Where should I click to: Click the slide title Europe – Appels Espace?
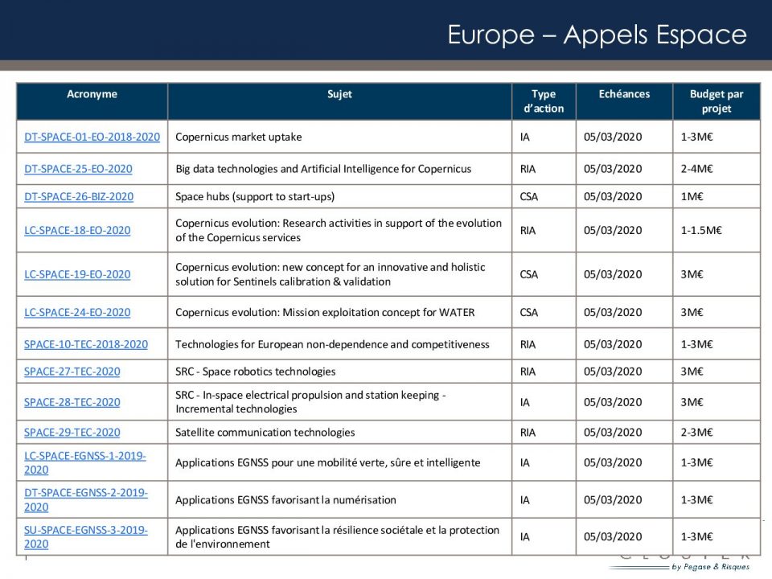coord(597,35)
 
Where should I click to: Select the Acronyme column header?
coord(92,94)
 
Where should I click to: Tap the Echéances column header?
coord(624,94)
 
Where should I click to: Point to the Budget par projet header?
coord(716,101)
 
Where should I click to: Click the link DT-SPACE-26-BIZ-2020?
coord(79,196)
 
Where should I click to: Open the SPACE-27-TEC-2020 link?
coord(72,372)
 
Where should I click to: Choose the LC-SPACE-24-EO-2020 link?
coord(77,312)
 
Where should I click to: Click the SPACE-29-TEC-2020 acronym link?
coord(72,433)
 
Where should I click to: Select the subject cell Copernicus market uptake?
coord(239,137)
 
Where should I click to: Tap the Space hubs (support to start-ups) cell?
coord(255,196)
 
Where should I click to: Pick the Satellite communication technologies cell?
coord(265,433)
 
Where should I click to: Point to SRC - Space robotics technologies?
coord(255,372)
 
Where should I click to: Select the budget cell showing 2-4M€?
coord(697,169)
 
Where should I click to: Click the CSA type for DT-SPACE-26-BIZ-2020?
coord(529,196)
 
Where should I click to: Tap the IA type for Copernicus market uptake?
coord(525,137)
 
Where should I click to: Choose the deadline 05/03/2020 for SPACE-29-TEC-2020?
coord(613,433)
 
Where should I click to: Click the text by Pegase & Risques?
coord(710,567)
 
